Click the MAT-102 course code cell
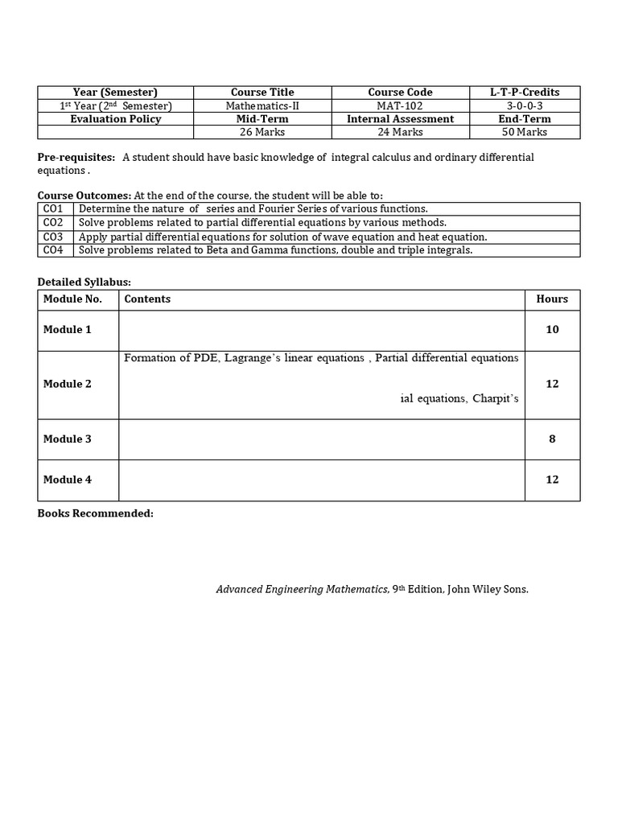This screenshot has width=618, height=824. [400, 105]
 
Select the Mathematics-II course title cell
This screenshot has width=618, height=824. [262, 105]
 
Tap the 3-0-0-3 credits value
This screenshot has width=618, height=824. [525, 105]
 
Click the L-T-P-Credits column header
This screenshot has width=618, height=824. [525, 93]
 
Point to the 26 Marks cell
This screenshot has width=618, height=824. [262, 132]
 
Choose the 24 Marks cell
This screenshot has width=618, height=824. [400, 132]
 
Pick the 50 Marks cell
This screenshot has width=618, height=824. [525, 132]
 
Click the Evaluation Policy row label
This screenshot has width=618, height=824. [115, 119]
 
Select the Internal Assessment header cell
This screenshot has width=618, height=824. [400, 119]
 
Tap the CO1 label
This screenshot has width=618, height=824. [53, 208]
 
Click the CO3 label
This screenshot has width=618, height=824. [53, 237]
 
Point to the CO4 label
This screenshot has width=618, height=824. [53, 250]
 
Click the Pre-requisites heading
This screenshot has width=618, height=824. [76, 157]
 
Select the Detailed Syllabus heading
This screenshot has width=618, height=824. [84, 282]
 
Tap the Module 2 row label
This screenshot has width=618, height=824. [68, 384]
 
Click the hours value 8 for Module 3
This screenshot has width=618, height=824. [552, 439]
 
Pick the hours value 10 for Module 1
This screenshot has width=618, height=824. [552, 329]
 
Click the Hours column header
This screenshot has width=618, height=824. [552, 299]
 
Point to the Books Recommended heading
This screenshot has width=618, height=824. [95, 513]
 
